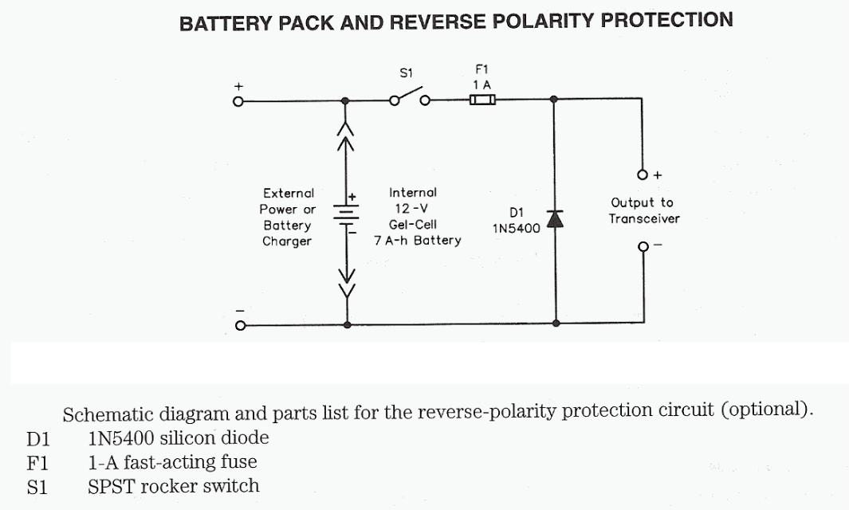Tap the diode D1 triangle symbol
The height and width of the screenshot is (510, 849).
pos(555,218)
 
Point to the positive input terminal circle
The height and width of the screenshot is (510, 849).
pos(238,101)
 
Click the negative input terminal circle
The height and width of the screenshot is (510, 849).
pos(238,324)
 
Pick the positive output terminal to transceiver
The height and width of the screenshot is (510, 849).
pos(643,174)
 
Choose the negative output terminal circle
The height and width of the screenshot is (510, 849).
pos(643,246)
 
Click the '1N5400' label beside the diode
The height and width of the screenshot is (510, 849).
pos(516,228)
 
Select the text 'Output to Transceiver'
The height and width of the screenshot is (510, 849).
pos(643,210)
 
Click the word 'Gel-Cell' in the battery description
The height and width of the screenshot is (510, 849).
pos(413,225)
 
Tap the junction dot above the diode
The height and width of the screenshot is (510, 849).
pos(555,100)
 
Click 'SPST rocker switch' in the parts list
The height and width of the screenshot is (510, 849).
pos(173,485)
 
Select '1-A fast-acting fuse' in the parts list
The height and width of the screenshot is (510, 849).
pos(172,461)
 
